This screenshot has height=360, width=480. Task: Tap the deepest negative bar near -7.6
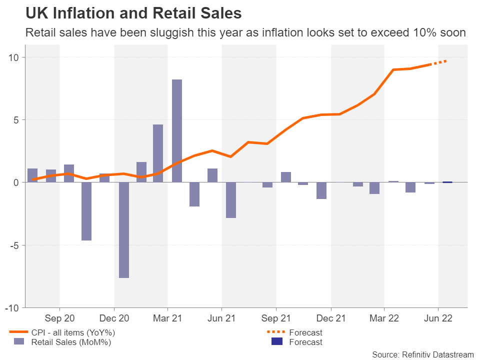tap(123, 230)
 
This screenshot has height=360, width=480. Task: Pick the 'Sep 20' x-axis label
tap(59, 318)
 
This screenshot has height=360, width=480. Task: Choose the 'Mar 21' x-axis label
tap(167, 318)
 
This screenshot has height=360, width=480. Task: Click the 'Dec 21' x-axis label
tap(331, 318)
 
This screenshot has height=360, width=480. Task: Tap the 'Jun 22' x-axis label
tap(438, 318)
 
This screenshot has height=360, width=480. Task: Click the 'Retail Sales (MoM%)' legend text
tap(71, 342)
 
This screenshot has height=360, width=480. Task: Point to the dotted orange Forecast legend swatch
tap(276, 332)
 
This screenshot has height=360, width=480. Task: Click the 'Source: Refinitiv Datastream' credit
tap(422, 354)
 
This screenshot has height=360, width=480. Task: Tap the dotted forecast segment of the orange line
tap(440, 61)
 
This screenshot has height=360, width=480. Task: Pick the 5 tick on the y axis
tap(16, 120)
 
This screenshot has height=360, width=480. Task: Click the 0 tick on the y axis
tap(16, 182)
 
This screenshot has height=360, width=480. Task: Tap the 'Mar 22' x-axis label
tap(384, 318)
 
